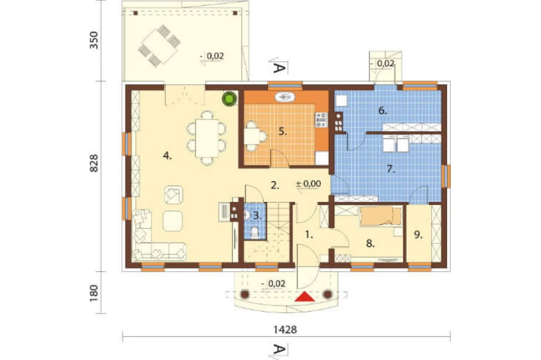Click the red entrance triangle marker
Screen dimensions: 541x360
[305, 297]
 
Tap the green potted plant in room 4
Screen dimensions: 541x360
[229, 98]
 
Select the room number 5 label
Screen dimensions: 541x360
[283, 131]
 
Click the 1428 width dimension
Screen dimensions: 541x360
[285, 330]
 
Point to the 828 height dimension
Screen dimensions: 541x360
[94, 163]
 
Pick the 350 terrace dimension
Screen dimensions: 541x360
[94, 40]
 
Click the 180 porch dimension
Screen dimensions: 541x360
[94, 293]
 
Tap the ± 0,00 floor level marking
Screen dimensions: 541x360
[308, 184]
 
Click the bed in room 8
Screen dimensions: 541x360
[381, 217]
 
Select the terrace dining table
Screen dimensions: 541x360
[160, 46]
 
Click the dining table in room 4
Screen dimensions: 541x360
[207, 138]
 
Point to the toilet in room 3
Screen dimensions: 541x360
[255, 232]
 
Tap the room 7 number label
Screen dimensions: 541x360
[391, 169]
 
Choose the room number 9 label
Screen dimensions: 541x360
[418, 235]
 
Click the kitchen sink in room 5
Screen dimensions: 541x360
[285, 97]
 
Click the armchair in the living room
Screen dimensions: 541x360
[173, 195]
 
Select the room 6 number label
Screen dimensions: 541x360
[382, 111]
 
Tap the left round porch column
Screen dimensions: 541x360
[245, 294]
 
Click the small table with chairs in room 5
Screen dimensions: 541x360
[255, 136]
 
